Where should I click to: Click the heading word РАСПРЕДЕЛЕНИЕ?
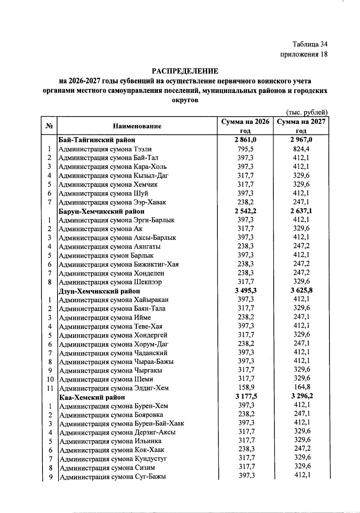click(185, 71)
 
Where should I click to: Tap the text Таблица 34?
click(310, 44)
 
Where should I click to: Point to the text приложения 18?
click(304, 54)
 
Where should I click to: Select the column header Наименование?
click(137, 126)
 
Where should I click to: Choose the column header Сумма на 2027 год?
click(301, 126)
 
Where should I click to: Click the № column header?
click(49, 126)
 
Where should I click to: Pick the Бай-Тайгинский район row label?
click(97, 140)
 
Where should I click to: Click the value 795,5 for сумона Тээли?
click(245, 149)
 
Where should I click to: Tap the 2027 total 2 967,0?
click(301, 140)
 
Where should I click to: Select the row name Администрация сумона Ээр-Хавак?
click(112, 202)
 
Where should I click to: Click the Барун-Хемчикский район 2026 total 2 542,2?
click(245, 211)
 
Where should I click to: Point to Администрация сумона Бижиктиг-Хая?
click(119, 264)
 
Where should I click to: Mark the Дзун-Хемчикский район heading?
click(99, 291)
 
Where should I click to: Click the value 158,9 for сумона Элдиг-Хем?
click(245, 388)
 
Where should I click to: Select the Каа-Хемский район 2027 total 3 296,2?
click(301, 396)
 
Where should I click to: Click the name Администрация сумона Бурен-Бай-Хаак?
click(122, 424)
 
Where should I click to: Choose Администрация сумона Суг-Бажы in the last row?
click(113, 477)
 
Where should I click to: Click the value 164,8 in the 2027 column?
click(301, 387)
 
